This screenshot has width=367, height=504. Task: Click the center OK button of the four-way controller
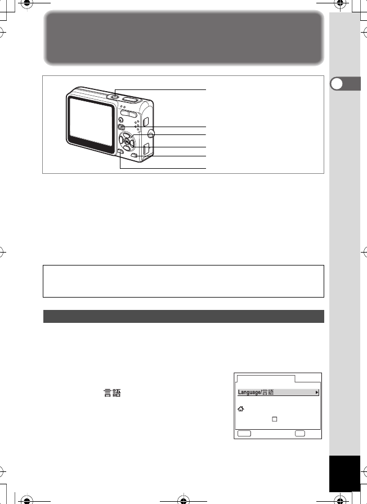coord(128,141)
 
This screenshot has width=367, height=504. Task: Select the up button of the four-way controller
coord(128,134)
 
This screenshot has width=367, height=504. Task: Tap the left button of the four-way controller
coord(121,141)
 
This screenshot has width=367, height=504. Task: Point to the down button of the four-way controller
coord(128,148)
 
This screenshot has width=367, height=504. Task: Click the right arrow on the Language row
coord(316,392)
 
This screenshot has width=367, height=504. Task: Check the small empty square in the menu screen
coord(275,419)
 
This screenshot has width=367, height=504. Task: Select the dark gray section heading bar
coord(183,316)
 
